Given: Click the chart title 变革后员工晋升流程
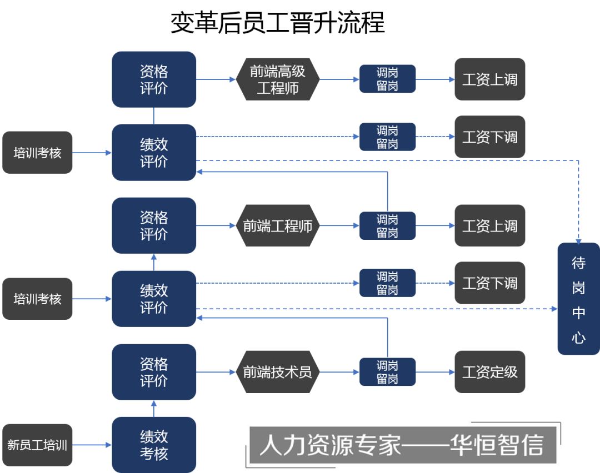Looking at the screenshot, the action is tap(277, 23).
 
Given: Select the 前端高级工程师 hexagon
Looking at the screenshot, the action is tap(277, 79).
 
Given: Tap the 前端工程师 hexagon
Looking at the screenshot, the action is tap(277, 225).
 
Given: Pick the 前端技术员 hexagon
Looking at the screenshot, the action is tap(277, 371).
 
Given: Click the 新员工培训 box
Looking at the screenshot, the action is tap(37, 445).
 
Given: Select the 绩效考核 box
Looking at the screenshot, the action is tap(154, 445).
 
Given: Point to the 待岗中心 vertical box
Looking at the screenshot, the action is tap(578, 299).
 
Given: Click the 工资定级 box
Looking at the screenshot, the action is tap(490, 371).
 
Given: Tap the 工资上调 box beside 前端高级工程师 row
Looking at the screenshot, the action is tap(490, 79).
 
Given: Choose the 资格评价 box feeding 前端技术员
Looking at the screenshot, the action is tap(154, 372).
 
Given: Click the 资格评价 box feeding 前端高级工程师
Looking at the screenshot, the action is tap(154, 79).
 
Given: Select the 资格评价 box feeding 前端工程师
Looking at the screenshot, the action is tap(154, 225).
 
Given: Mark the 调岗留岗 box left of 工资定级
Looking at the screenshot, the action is tap(387, 372).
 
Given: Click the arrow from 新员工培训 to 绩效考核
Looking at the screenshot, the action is tap(92, 445).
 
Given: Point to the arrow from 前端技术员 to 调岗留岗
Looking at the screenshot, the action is tap(339, 372).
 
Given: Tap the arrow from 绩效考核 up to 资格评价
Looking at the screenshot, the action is tap(154, 409).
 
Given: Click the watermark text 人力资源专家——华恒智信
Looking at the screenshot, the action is tap(402, 445).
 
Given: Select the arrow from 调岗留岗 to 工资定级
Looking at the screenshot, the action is tap(435, 372).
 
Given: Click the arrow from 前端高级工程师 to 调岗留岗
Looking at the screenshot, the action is tap(339, 79).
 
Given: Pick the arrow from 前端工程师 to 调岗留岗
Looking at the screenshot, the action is tap(339, 225).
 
